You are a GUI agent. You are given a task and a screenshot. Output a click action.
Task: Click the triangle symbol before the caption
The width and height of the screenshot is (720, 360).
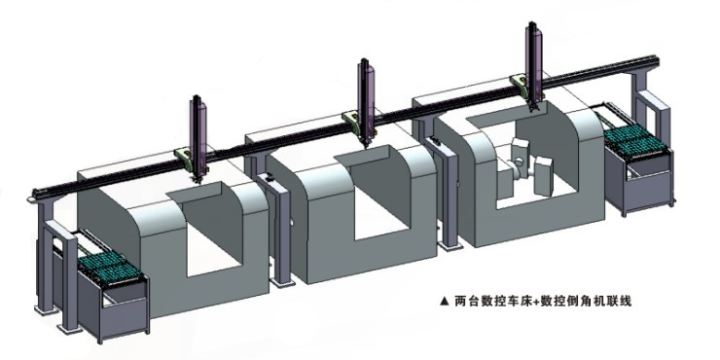point(445,301)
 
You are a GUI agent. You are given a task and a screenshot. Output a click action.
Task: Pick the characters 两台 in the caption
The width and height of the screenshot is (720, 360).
point(465,301)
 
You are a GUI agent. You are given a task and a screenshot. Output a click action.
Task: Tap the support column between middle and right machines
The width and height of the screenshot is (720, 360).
point(449,195)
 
